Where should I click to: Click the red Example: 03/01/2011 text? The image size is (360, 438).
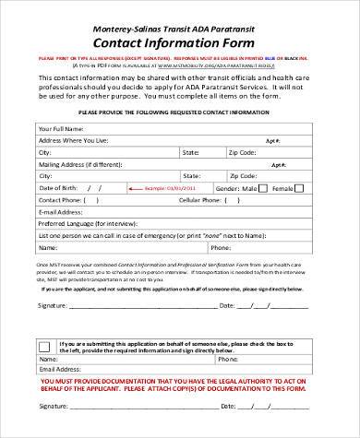[149, 188]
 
